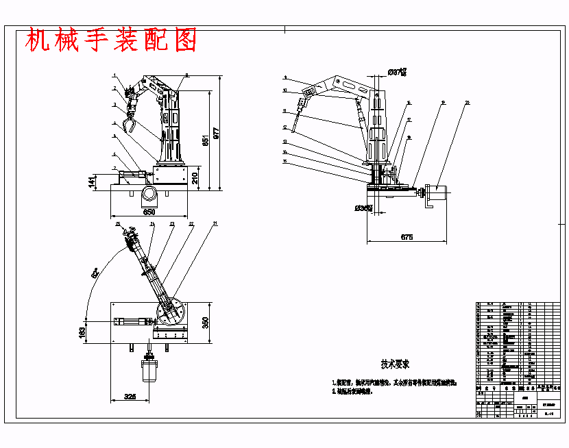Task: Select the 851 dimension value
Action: tap(204, 140)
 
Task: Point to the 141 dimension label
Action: tap(92, 182)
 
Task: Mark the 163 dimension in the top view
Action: tap(82, 332)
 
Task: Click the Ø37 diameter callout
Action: tap(397, 71)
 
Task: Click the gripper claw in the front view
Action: tap(128, 125)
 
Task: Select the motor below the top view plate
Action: tap(149, 371)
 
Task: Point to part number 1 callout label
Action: tap(114, 77)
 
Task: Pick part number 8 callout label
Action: tap(186, 75)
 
